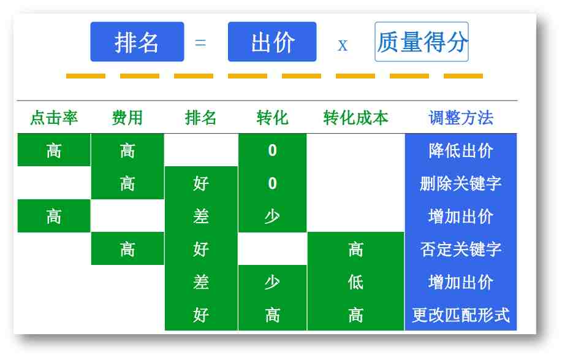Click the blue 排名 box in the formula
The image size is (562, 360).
point(137,42)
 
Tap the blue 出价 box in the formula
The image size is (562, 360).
point(272,42)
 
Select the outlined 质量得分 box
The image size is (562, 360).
point(422,42)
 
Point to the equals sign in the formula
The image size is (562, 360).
point(200,43)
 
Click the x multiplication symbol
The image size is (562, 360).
point(343,45)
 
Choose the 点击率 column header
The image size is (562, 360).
point(54,118)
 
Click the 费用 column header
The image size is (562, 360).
point(127,118)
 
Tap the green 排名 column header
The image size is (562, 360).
point(201,118)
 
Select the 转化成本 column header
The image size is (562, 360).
point(355,118)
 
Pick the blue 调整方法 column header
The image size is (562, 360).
point(461,118)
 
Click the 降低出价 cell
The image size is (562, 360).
point(461,150)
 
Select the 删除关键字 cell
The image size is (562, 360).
point(461,183)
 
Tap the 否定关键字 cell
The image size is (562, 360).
point(461,249)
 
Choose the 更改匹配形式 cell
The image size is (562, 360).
point(461,315)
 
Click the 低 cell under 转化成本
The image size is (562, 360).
point(355,282)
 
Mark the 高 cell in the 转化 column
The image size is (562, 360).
point(272,315)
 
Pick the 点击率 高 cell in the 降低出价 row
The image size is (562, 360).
point(54,150)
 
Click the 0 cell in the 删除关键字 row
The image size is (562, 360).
point(272,183)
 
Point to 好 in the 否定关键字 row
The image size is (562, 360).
point(201,249)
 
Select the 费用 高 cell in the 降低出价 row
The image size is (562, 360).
point(127,150)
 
